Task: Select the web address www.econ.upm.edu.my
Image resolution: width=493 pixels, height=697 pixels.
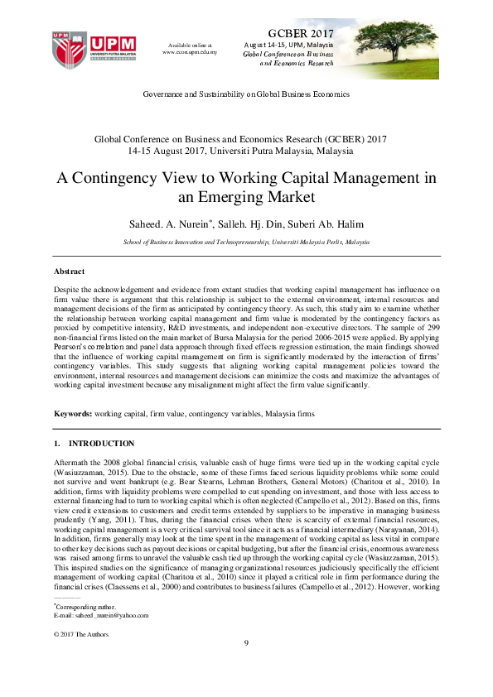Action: pyautogui.click(x=190, y=52)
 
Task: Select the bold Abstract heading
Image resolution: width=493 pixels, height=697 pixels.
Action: pyautogui.click(x=69, y=271)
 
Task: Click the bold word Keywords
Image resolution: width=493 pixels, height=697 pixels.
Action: pyautogui.click(x=72, y=411)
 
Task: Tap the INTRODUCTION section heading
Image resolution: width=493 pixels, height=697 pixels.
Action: pyautogui.click(x=101, y=445)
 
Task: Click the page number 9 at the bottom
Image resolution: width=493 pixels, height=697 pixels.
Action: pyautogui.click(x=246, y=667)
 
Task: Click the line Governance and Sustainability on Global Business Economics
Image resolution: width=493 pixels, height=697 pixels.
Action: pyautogui.click(x=246, y=95)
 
